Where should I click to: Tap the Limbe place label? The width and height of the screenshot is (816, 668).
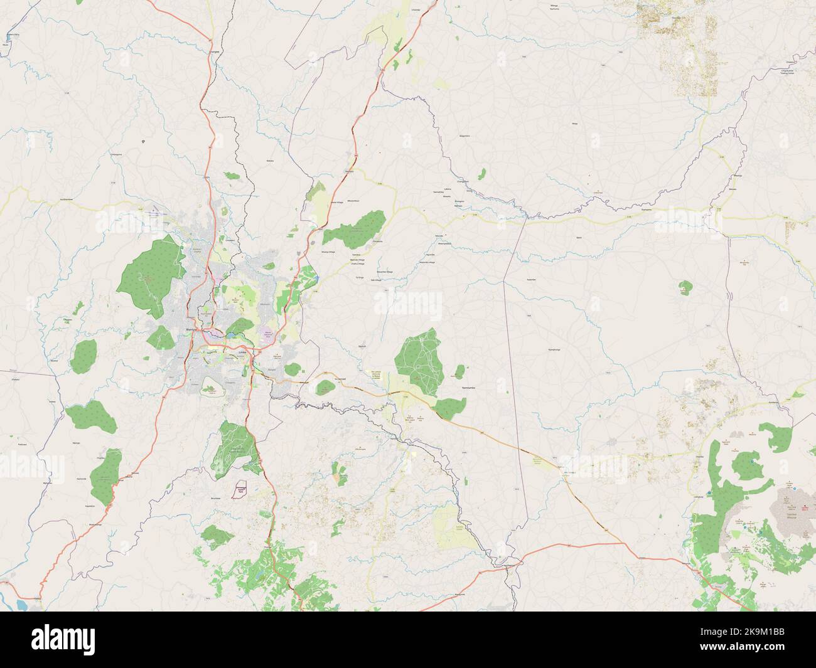coord(242,353)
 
